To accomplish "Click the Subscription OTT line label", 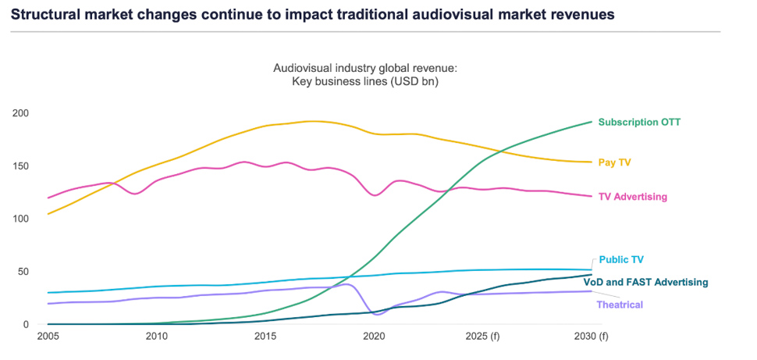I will (x=639, y=122).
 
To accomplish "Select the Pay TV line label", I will (x=614, y=162).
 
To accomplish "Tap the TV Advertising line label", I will (x=632, y=197).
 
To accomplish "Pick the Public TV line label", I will (x=621, y=260).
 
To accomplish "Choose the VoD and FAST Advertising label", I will (x=645, y=282).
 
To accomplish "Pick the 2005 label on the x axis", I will (x=48, y=337).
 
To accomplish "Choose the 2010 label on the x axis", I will (x=157, y=337).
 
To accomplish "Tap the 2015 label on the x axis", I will (x=266, y=337).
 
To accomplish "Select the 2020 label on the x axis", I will (x=375, y=337).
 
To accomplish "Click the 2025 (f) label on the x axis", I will (x=483, y=337).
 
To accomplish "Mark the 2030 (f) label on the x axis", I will (x=592, y=337).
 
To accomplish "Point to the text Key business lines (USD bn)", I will (x=364, y=81).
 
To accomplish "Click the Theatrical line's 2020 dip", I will (x=378, y=314).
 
